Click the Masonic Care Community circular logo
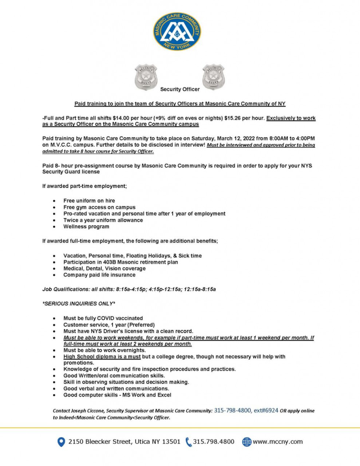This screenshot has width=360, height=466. point(177,32)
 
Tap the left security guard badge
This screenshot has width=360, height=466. point(146,77)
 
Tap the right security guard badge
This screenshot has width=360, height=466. point(213,77)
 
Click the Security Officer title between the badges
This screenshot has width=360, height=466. point(180,89)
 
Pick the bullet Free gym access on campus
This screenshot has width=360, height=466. point(99,207)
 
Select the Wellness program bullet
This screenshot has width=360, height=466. point(86,226)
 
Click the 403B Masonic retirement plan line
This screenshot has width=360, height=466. point(120,262)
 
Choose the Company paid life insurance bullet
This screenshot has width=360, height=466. point(99,275)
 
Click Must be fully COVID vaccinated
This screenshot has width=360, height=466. point(103,318)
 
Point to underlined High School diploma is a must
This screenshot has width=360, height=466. point(102,356)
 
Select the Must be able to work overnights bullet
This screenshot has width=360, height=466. point(104,350)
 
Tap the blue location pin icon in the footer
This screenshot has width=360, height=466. point(61,442)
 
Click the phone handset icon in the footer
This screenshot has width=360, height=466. point(188,442)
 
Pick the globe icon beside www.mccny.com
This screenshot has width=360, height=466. point(247,442)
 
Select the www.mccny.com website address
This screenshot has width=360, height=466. point(278,442)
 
